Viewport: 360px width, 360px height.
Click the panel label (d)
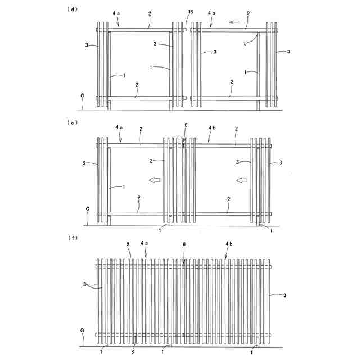73,10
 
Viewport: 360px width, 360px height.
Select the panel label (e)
73,120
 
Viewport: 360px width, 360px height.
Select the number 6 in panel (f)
184,245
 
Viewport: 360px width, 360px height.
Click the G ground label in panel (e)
87,209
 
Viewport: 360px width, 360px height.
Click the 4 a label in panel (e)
118,128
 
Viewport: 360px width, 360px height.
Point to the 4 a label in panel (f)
145,244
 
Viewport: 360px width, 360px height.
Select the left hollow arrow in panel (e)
154,180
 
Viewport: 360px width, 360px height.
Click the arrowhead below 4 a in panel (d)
118,24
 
